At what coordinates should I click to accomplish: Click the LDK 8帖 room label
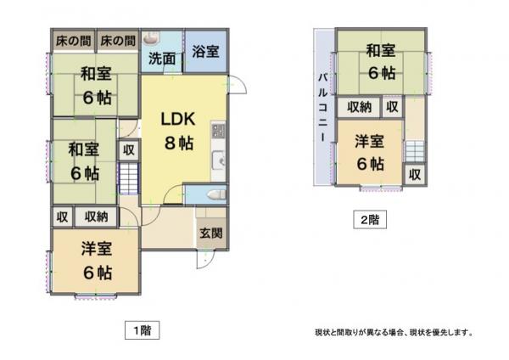coord(178,131)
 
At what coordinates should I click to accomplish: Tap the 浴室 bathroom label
coord(205,52)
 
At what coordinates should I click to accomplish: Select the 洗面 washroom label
coord(162,59)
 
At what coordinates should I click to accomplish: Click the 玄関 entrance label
coord(211,233)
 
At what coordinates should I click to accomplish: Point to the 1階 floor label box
coord(143,330)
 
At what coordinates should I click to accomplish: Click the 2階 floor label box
coord(370,220)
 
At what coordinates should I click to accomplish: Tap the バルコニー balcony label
coord(322,107)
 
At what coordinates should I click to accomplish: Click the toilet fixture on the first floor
coord(216,194)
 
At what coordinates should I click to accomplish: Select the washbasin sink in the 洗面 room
coord(150,37)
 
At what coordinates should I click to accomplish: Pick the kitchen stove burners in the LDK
coord(218,130)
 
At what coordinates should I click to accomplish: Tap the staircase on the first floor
coord(129,178)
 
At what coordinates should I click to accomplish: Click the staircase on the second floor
coord(415,152)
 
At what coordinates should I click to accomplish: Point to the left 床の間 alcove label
coord(73,41)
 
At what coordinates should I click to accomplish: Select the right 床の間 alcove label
coord(118,41)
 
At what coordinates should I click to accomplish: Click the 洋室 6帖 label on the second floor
coord(370,153)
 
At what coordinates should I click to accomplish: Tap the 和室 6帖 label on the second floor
coord(381,62)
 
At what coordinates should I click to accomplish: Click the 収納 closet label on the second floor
coord(359,107)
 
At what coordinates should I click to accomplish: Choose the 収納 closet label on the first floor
coord(96,217)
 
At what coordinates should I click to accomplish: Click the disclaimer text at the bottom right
coord(394,332)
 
